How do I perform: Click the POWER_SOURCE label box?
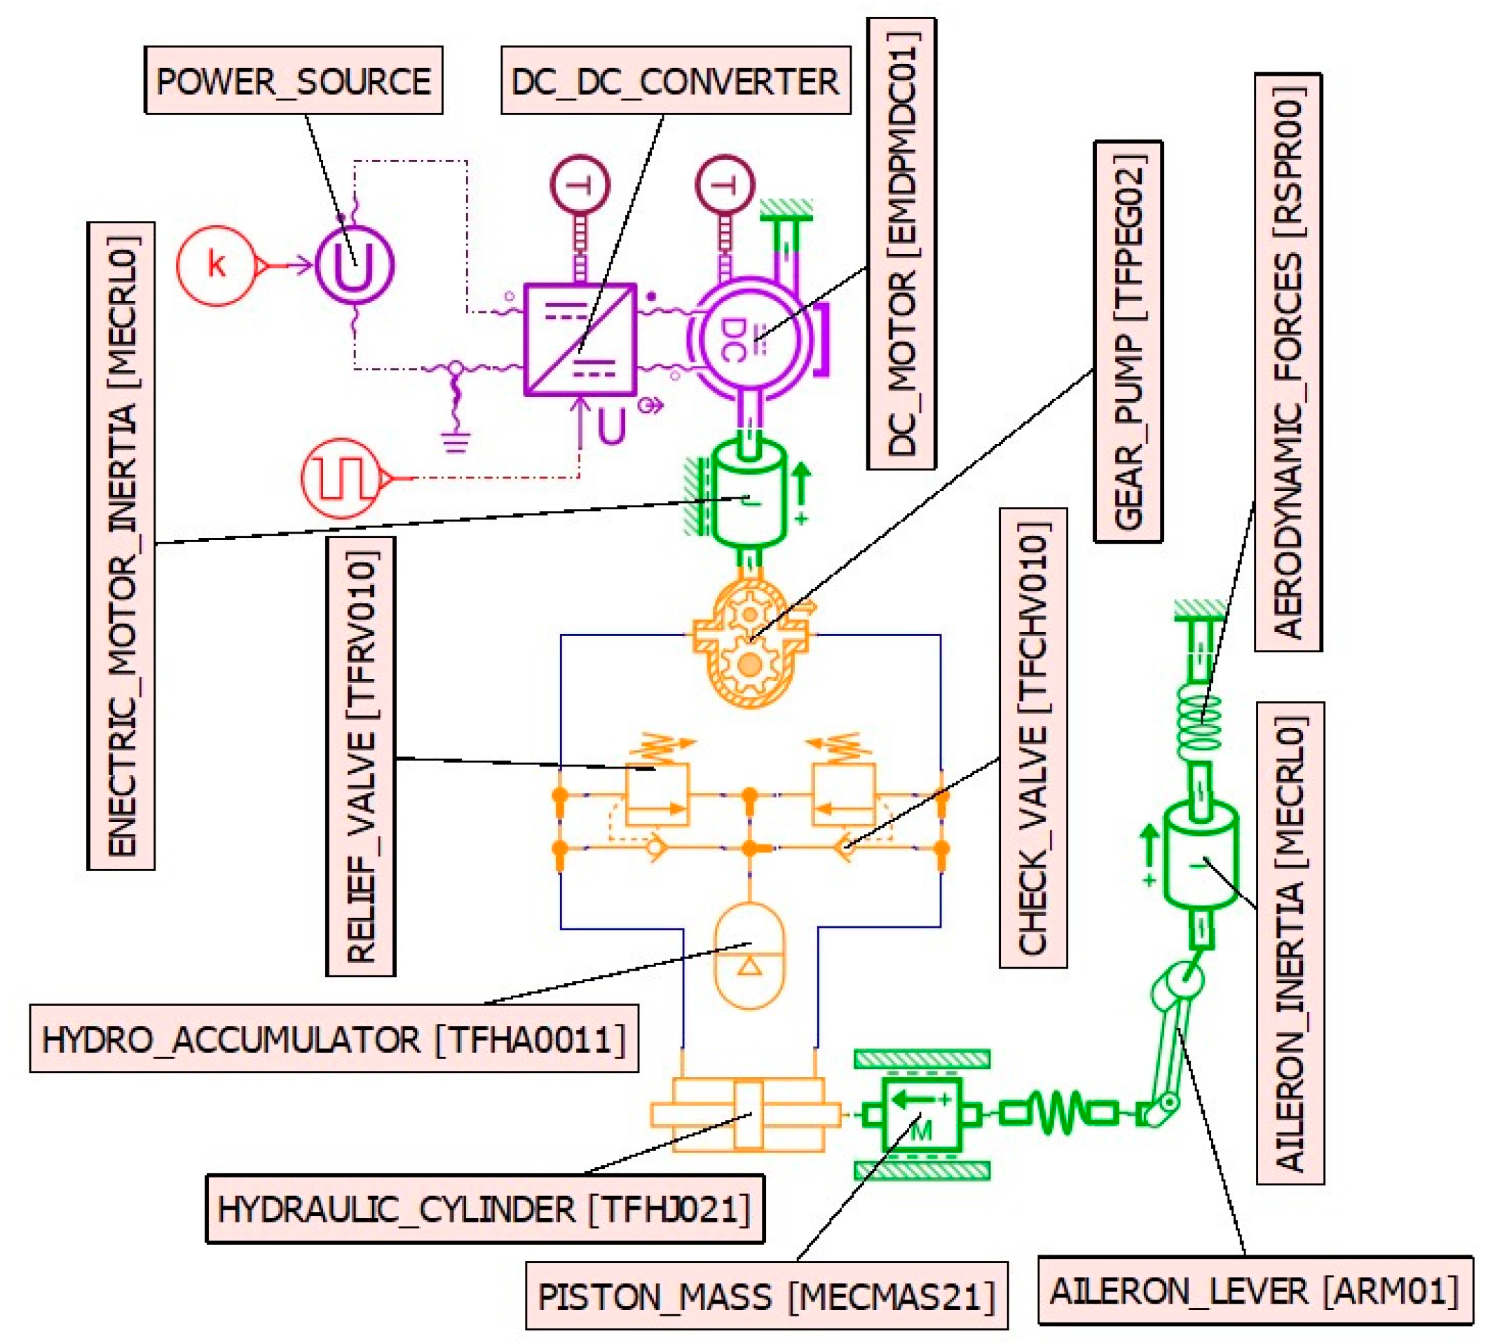(293, 81)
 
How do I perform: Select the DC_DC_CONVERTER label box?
(675, 81)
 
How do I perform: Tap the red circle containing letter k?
(215, 265)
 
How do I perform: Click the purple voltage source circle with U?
(354, 265)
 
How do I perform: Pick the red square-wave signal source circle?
(341, 478)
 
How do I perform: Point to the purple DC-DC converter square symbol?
(580, 339)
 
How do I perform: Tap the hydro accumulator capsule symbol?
(749, 955)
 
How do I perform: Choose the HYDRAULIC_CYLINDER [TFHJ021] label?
(484, 1210)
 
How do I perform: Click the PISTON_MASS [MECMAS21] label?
(765, 1297)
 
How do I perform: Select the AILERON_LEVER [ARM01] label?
(1254, 1291)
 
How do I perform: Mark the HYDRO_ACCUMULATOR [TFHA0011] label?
(334, 1039)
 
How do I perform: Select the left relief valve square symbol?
(657, 794)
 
